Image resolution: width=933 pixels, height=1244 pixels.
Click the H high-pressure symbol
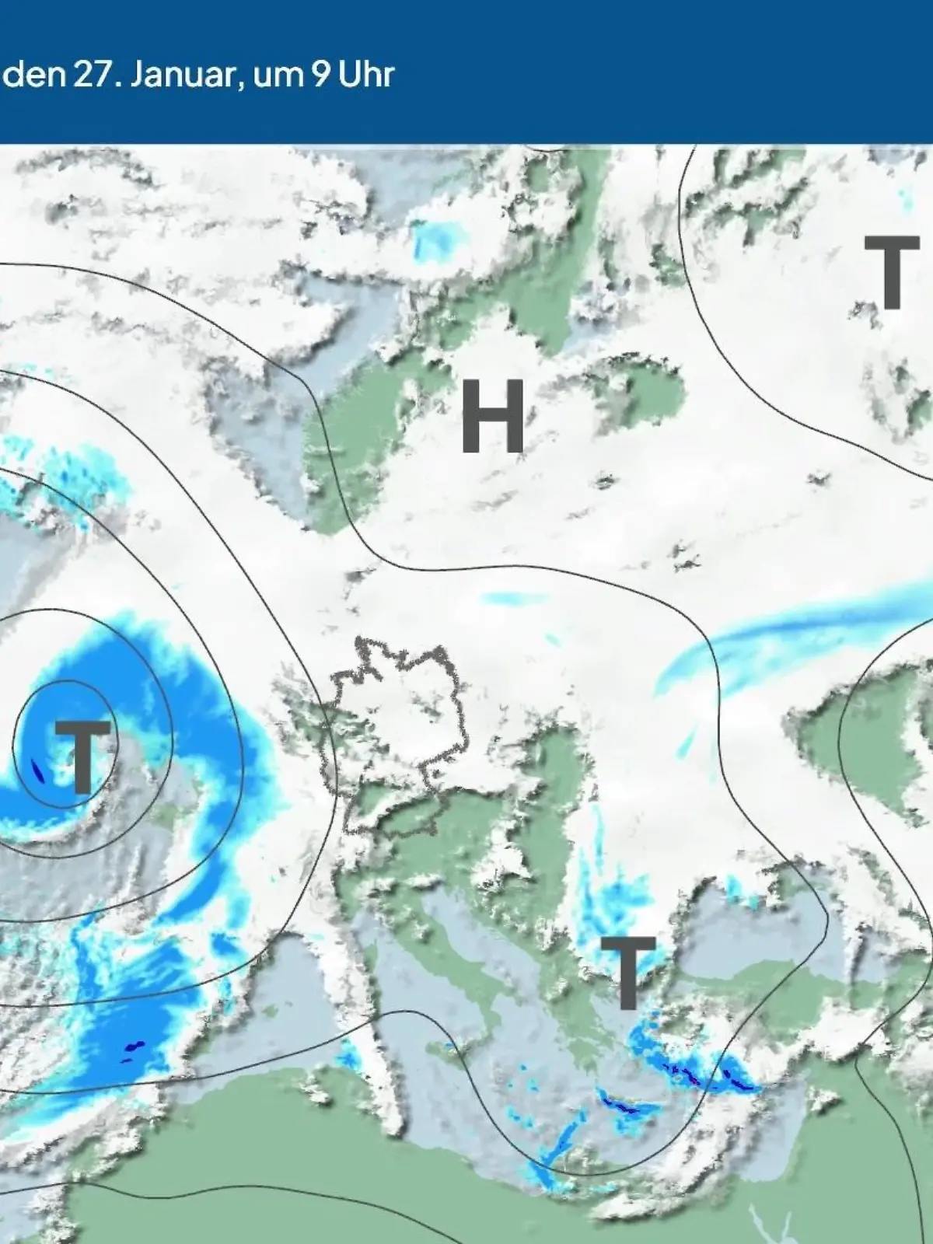493,417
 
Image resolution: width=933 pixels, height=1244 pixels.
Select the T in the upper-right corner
892,272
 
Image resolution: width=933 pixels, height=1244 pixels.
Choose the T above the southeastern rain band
628,972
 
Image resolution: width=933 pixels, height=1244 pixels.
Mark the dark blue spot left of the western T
37,770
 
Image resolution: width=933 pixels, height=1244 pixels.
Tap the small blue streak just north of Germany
513,598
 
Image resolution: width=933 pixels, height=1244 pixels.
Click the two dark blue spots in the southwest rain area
133,1050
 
